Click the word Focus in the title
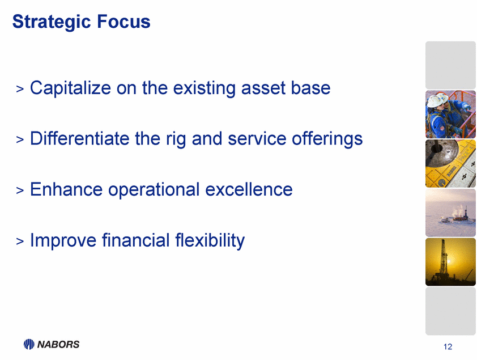point(123,22)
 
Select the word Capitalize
point(70,88)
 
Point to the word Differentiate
point(80,138)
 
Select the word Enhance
point(66,189)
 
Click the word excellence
point(249,189)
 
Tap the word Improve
point(63,240)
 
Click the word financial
point(135,240)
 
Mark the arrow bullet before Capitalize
point(20,89)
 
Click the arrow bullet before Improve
point(20,241)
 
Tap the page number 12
point(448,346)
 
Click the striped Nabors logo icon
point(29,344)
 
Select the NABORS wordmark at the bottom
point(58,344)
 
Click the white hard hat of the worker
point(437,100)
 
